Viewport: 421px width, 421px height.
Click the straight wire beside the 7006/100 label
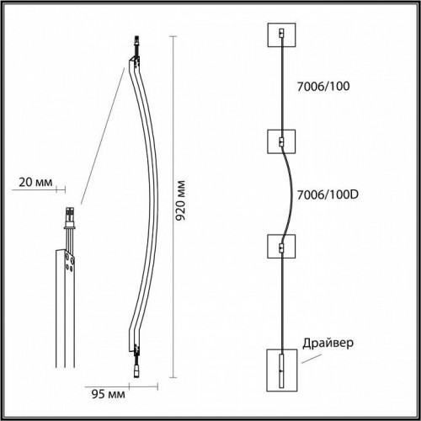pos(280,88)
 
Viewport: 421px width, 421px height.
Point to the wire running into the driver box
pos(280,303)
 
